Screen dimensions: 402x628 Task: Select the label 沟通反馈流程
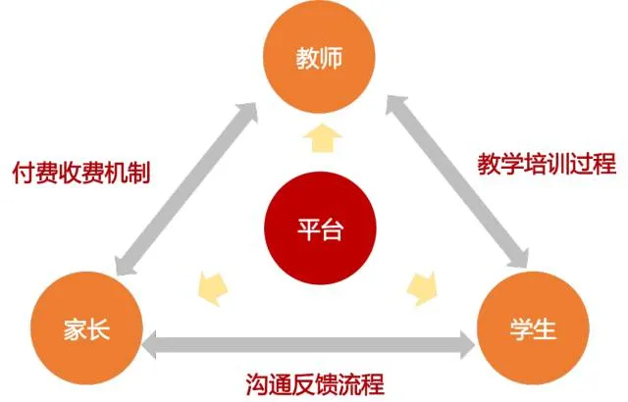coord(314,380)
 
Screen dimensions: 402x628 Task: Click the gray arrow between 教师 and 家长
coord(186,187)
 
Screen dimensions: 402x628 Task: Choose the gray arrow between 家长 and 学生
coord(308,343)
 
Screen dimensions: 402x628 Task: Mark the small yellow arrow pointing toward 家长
coord(211,285)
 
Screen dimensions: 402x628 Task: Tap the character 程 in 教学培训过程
coord(604,162)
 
